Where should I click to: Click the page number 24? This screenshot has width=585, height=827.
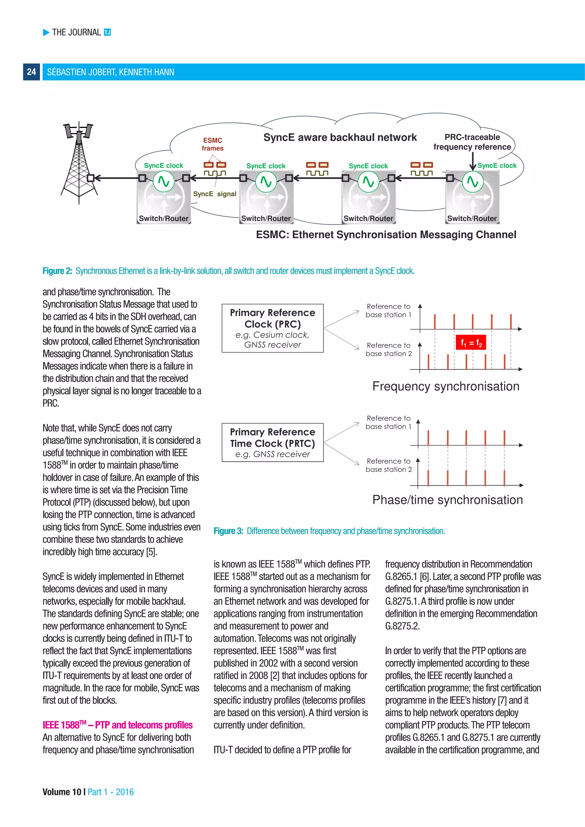(31, 72)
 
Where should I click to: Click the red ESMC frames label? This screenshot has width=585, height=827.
(213, 144)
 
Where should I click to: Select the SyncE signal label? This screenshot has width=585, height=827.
(215, 194)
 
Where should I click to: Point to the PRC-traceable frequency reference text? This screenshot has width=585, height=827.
(472, 142)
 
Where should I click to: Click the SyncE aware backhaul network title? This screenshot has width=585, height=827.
(340, 137)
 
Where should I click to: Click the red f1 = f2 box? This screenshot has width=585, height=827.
(471, 343)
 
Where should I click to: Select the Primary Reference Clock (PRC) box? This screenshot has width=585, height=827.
(273, 328)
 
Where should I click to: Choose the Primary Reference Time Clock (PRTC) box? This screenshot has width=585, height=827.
(273, 442)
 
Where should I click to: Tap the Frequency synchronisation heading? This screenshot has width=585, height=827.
(446, 386)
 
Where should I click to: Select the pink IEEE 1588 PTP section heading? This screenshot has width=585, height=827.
(117, 725)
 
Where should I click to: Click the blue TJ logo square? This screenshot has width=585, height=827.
(107, 33)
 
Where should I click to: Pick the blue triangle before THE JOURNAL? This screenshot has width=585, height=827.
(46, 33)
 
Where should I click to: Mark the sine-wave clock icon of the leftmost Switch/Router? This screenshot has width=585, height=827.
(164, 182)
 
